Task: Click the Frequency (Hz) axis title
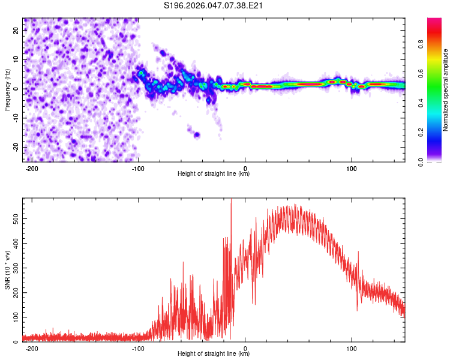[x=7, y=90]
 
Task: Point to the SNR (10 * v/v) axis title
[x=7, y=269]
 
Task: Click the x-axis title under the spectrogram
[x=214, y=175]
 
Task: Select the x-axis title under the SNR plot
[x=214, y=355]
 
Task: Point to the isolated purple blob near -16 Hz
[x=196, y=134]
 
